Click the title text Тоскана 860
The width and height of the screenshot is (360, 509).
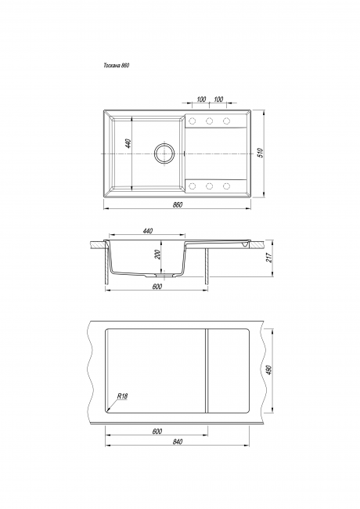tap(117, 65)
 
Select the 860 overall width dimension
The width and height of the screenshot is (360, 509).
tap(178, 204)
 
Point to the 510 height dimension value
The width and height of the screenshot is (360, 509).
tap(260, 153)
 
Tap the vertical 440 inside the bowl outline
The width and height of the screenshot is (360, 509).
tap(128, 143)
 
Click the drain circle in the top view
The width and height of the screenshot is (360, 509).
tap(164, 153)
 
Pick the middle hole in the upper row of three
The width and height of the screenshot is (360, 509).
tap(209, 121)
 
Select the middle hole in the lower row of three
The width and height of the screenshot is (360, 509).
tap(209, 186)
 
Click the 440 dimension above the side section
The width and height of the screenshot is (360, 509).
tap(147, 231)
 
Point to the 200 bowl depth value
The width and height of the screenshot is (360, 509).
tap(157, 254)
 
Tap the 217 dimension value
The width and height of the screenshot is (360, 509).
tap(269, 258)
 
